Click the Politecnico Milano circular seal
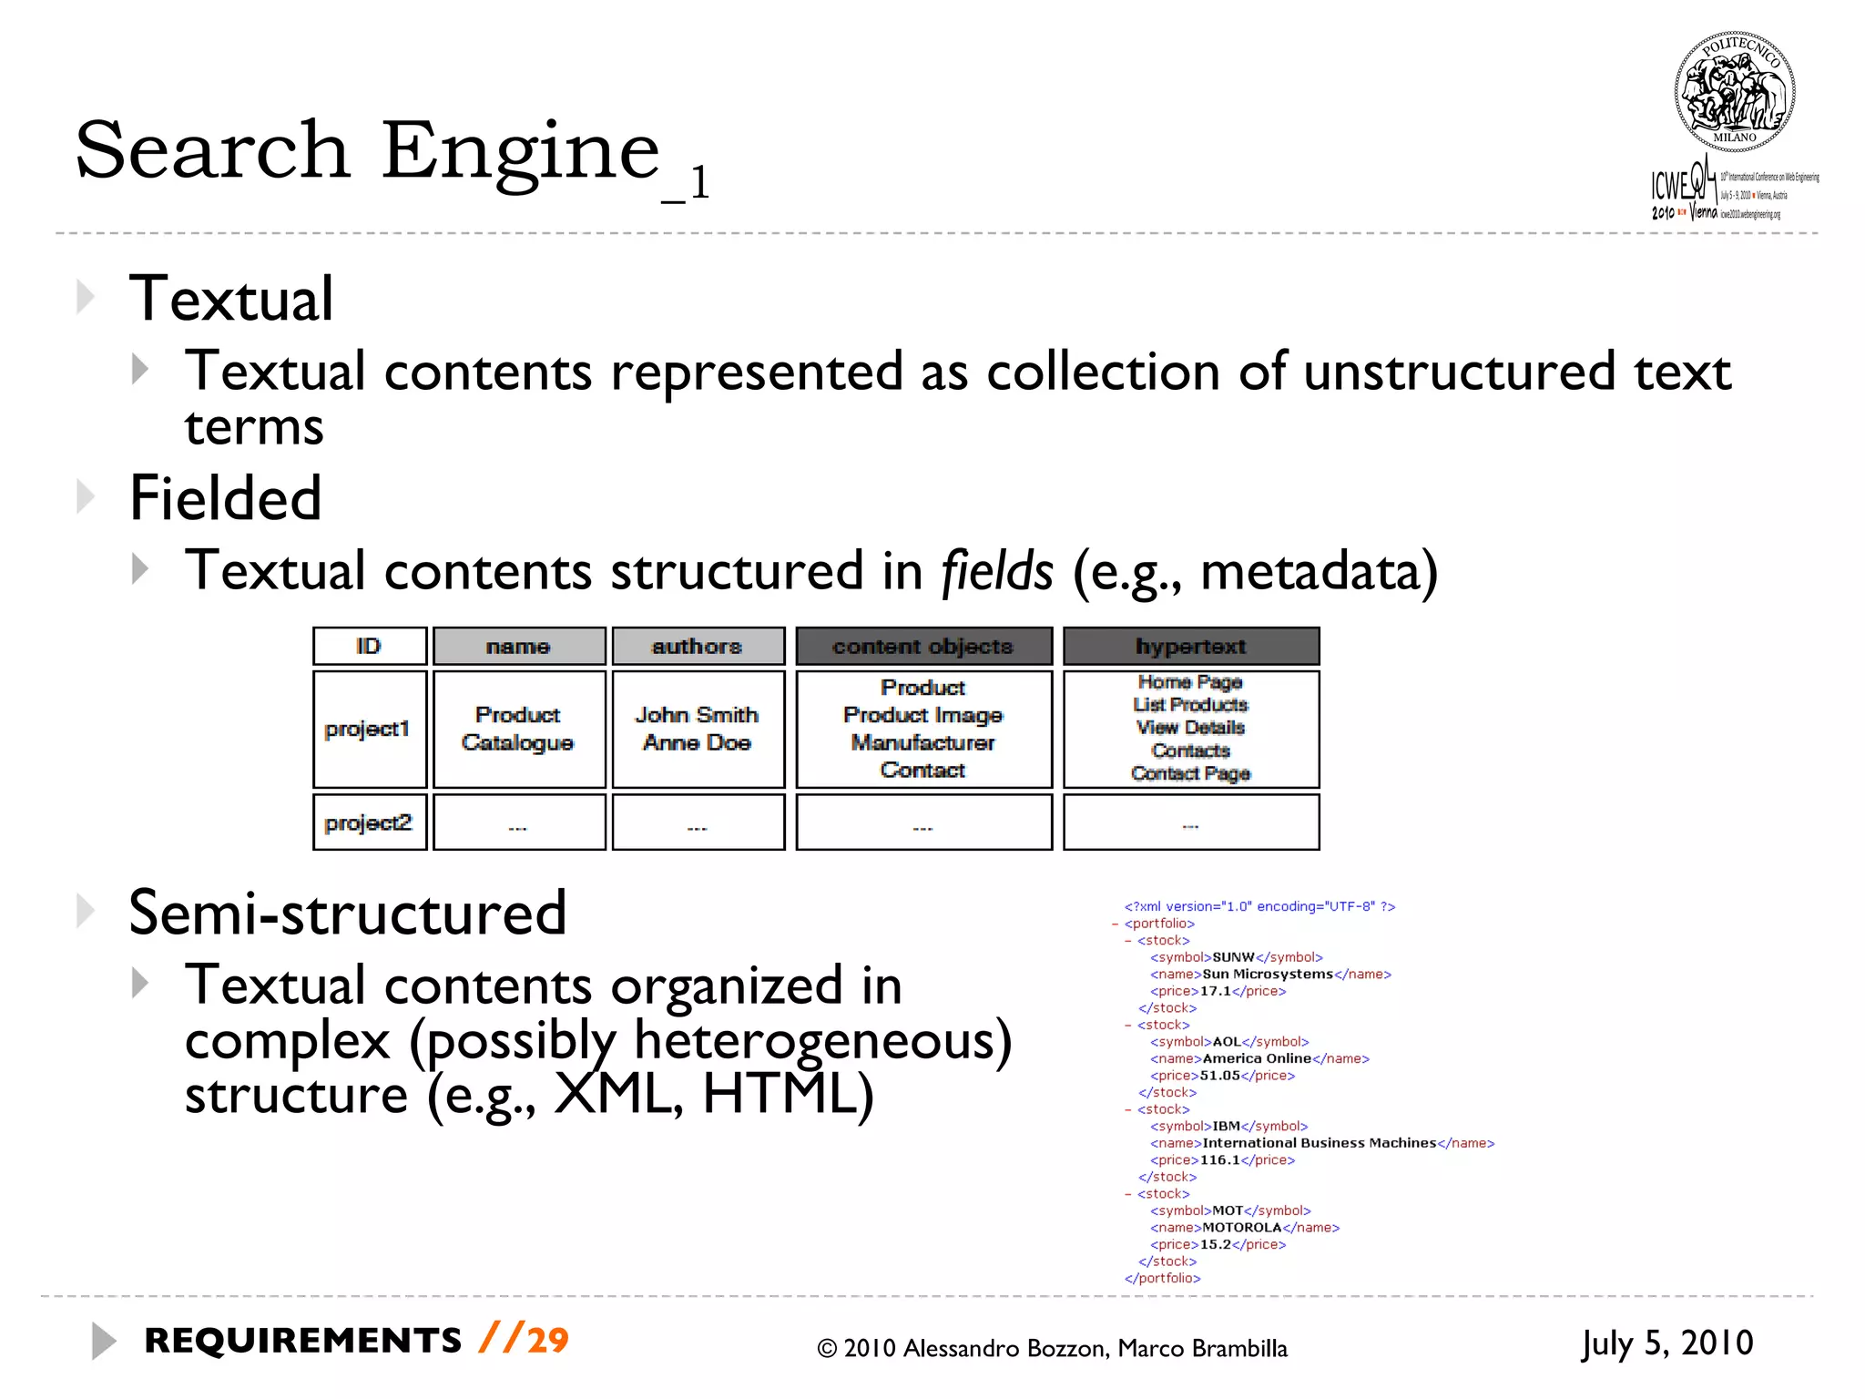coord(1734,91)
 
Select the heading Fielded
coord(226,498)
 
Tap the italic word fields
coord(996,571)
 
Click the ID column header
coord(369,647)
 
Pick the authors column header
coord(698,647)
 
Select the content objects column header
coord(922,647)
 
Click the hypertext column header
coord(1190,647)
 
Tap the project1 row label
coord(368,729)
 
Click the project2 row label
coord(368,822)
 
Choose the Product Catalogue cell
coord(518,729)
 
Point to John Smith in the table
coord(697,715)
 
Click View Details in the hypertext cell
coord(1190,728)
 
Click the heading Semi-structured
coord(347,913)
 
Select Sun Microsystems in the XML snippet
coord(1268,975)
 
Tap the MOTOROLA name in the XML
coord(1241,1228)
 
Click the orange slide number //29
coord(524,1340)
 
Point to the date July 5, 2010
coord(1666,1343)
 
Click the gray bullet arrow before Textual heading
coord(86,297)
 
